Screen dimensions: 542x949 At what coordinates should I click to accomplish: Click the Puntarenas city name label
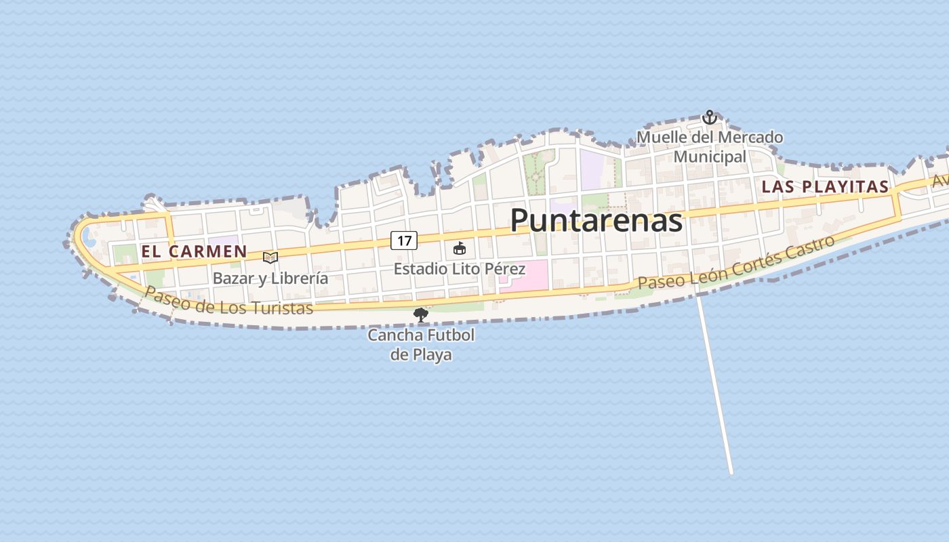[596, 220]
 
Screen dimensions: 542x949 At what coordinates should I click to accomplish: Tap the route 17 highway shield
[404, 240]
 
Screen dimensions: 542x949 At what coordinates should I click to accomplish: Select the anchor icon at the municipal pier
[709, 117]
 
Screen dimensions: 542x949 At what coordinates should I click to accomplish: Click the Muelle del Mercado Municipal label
[710, 147]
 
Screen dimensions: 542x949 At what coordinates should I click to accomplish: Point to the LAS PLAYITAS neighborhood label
[825, 187]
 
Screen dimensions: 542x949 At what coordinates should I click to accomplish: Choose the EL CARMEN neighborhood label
[194, 251]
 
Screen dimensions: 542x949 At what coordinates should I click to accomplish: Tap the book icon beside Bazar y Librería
[270, 257]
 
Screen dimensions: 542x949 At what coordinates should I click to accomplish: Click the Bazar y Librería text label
[270, 278]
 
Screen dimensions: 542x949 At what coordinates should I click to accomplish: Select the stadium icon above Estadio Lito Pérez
[460, 248]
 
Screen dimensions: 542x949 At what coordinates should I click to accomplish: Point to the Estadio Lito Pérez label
[460, 269]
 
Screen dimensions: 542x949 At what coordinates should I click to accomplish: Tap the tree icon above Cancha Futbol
[421, 314]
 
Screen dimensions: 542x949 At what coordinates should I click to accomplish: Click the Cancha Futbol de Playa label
[421, 344]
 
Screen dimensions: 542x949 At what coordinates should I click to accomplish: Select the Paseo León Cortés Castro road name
[736, 263]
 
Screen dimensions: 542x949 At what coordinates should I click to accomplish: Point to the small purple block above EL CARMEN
[223, 241]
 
